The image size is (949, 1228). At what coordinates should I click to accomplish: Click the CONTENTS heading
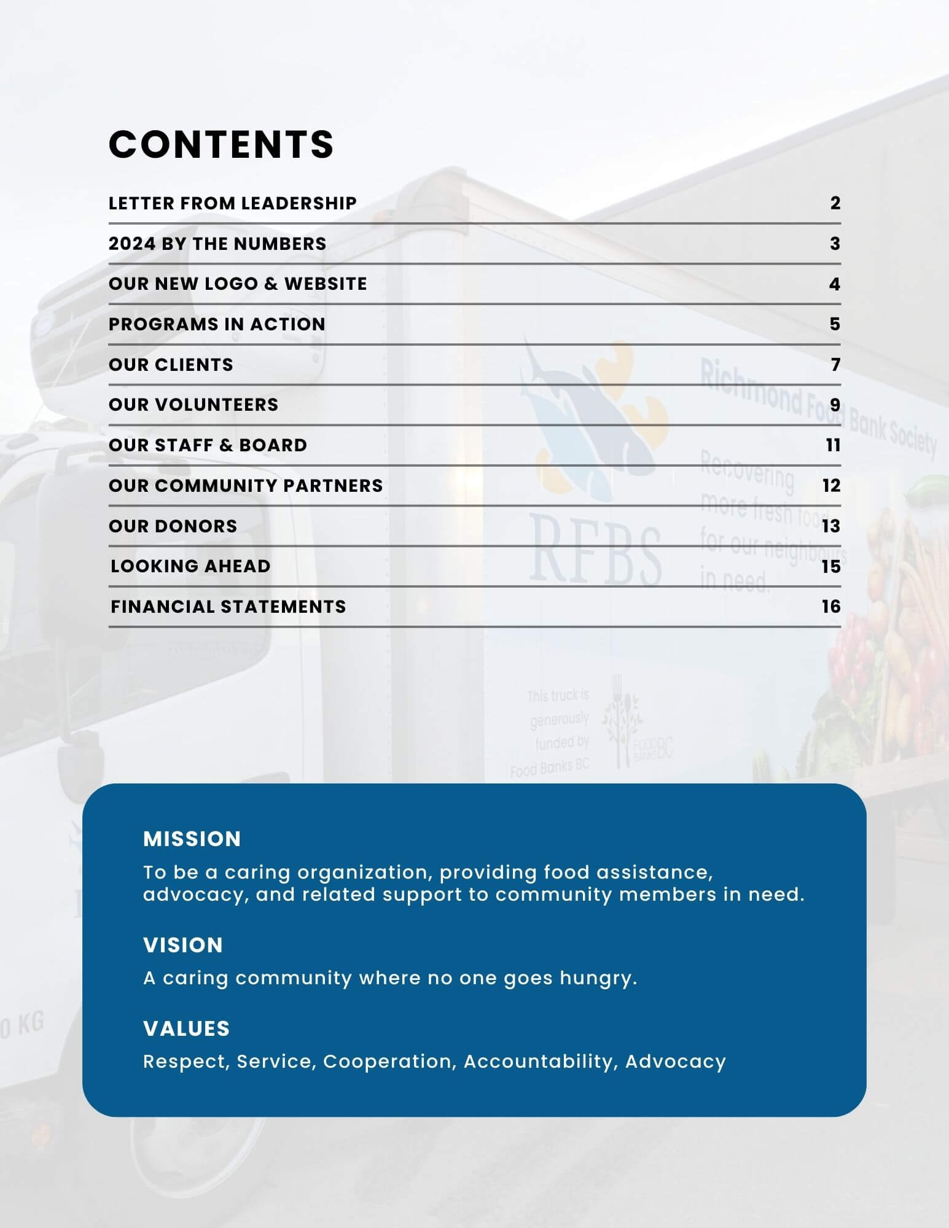click(221, 145)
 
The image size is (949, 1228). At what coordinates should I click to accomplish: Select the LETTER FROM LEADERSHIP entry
click(232, 203)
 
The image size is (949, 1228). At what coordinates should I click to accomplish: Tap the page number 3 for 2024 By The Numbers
click(835, 244)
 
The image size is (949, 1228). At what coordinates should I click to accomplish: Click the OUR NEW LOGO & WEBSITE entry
click(238, 284)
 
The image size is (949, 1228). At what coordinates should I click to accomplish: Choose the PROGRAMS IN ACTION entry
click(217, 324)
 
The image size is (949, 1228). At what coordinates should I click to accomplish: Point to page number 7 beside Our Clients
click(835, 365)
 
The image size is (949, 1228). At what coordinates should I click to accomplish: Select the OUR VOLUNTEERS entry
click(193, 405)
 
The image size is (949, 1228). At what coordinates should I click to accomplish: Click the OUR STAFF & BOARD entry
click(208, 445)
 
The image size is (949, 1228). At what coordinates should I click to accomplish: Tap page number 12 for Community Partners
click(831, 486)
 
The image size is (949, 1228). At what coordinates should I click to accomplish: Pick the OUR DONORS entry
click(173, 526)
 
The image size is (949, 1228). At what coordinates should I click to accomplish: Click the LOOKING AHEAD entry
click(190, 566)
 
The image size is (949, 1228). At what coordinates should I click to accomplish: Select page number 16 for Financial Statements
click(831, 607)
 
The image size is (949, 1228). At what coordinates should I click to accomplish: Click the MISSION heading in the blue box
click(192, 839)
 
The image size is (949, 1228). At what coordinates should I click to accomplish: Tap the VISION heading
click(183, 945)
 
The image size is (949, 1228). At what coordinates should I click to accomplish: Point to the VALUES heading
click(187, 1028)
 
